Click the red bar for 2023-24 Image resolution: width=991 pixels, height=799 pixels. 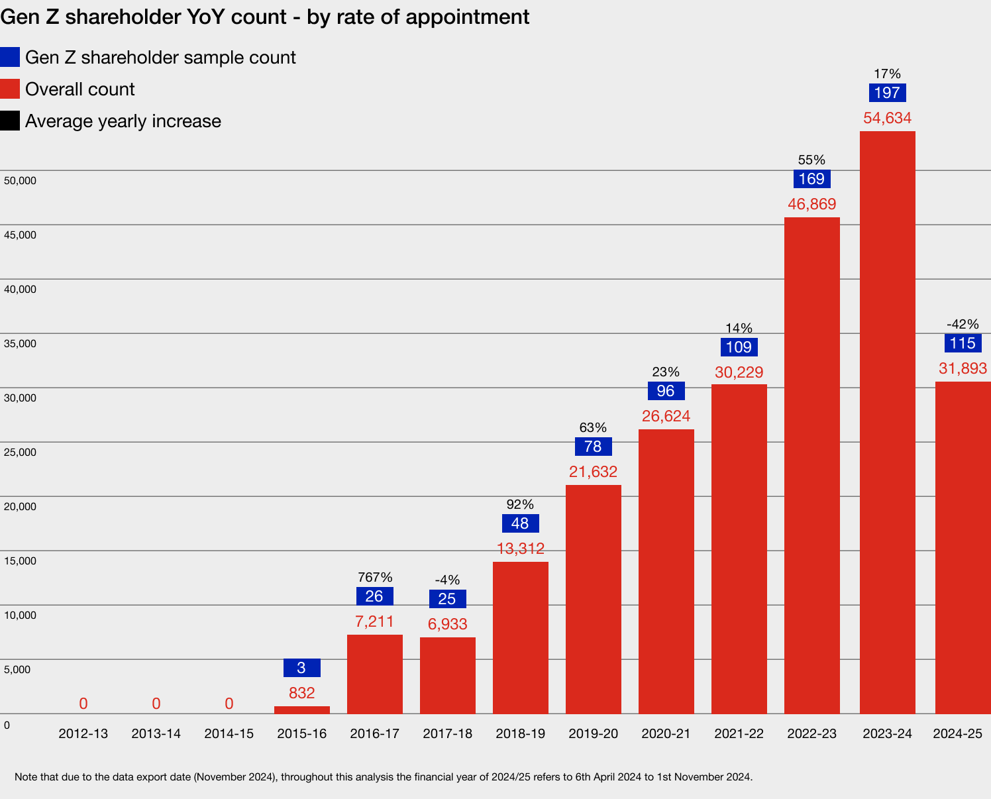click(x=887, y=422)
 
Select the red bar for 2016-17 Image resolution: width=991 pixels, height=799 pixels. click(x=374, y=674)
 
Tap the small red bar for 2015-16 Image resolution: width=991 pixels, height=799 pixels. click(x=301, y=710)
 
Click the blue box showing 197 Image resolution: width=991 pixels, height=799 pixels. click(x=887, y=93)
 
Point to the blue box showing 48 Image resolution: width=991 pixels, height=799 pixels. click(x=520, y=523)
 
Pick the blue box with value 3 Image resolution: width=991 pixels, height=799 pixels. click(x=301, y=668)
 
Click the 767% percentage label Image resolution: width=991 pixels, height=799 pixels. click(x=375, y=577)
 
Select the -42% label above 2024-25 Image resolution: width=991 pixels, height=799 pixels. click(x=963, y=324)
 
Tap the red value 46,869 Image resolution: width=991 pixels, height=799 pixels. click(x=811, y=204)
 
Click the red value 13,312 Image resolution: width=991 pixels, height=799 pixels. click(x=520, y=549)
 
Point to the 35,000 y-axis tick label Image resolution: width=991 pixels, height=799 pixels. click(x=20, y=344)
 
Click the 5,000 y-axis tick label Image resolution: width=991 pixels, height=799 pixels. click(x=17, y=670)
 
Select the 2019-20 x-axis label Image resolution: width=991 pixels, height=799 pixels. click(x=593, y=733)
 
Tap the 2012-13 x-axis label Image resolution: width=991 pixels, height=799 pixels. click(x=83, y=733)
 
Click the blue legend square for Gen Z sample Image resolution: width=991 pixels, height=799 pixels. click(x=10, y=57)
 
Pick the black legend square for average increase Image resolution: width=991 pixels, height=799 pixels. click(x=10, y=121)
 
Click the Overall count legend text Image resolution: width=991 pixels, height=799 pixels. click(x=79, y=89)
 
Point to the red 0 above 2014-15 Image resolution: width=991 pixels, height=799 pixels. click(x=229, y=704)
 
